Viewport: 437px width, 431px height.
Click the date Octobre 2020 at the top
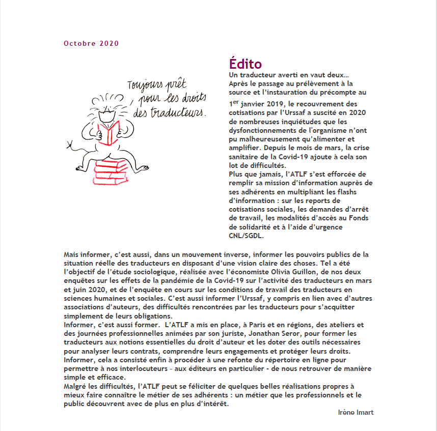[x=91, y=43]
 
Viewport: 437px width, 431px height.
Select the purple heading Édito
[x=245, y=64]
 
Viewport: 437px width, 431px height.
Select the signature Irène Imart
[x=356, y=412]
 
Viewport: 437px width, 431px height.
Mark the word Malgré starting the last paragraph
[x=75, y=386]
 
